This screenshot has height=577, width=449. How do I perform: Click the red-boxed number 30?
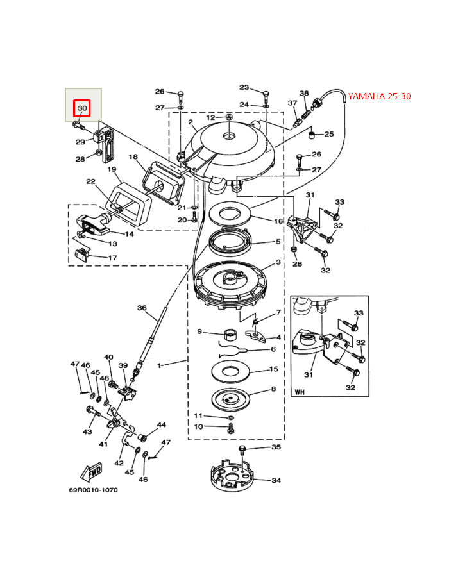pos(82,108)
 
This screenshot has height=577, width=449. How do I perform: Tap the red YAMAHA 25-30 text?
pos(379,96)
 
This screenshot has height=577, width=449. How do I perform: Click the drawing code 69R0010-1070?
pos(94,490)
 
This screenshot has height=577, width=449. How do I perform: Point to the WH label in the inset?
pos(300,392)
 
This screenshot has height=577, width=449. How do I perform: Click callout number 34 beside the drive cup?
pos(276,480)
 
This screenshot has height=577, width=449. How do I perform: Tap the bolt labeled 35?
pos(242,449)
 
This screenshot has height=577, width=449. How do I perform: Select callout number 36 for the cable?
pos(142,308)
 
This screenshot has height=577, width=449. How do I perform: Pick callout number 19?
pos(112,169)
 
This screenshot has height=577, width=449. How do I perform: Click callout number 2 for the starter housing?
pos(191,122)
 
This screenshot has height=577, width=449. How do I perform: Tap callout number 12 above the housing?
pos(210,117)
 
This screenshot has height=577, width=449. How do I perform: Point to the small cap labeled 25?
pos(312,135)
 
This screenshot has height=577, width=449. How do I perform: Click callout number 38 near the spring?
pos(304,93)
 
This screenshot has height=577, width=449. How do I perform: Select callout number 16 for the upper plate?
pos(278,221)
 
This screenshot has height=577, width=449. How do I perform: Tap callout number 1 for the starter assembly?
pos(159,366)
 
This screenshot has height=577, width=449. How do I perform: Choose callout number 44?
pos(162,424)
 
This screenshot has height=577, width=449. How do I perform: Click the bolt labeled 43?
pos(93,411)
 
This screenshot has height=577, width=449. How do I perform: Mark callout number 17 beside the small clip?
pos(113,258)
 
